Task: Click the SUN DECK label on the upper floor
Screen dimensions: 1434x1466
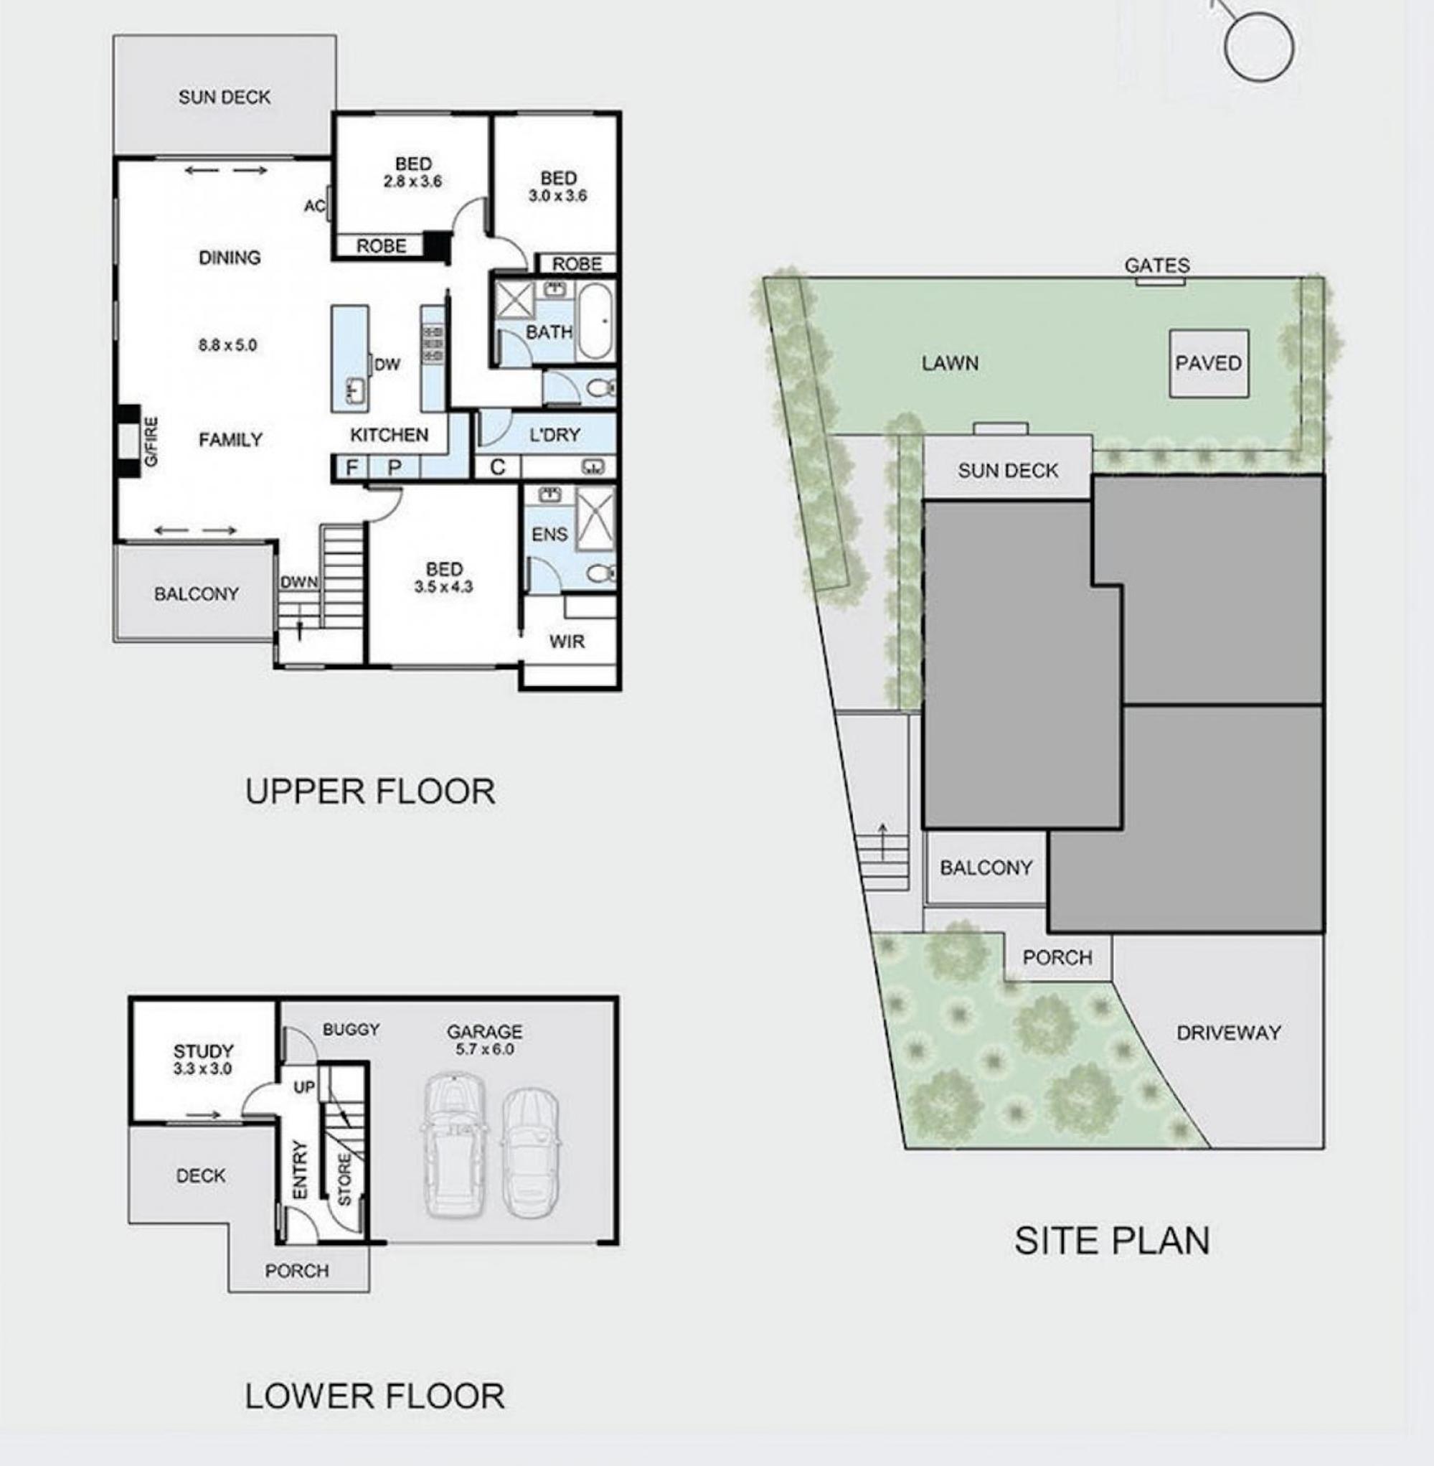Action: pos(225,97)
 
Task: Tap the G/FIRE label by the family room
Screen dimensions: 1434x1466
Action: pos(151,441)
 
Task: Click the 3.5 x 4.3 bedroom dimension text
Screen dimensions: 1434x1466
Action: pos(443,587)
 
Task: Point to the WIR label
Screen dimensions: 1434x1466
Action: pos(567,642)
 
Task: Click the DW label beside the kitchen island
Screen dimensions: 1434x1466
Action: pos(387,365)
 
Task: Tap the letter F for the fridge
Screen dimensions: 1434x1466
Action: pos(351,468)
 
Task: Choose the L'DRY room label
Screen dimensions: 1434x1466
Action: pos(555,435)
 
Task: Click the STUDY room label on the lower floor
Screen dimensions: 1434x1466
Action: pos(203,1051)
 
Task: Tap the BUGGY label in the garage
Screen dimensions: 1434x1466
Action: pos(351,1029)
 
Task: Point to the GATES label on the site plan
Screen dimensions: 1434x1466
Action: pos(1157,266)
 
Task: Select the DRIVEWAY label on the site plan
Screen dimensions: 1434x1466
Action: pos(1228,1033)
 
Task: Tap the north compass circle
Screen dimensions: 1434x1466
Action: pos(1259,46)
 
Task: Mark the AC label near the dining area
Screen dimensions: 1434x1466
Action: pos(314,207)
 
